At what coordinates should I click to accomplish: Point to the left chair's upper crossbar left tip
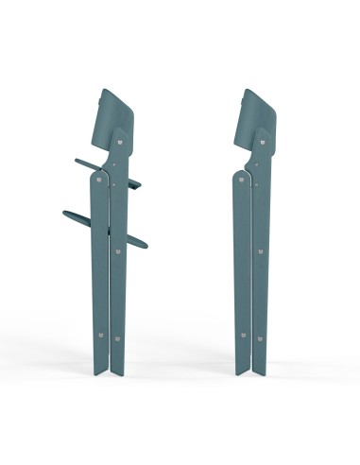point(74,168)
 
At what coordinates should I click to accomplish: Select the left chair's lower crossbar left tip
point(64,213)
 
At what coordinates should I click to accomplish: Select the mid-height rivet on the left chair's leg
point(118,252)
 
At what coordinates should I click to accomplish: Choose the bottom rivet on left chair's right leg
point(117,336)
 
